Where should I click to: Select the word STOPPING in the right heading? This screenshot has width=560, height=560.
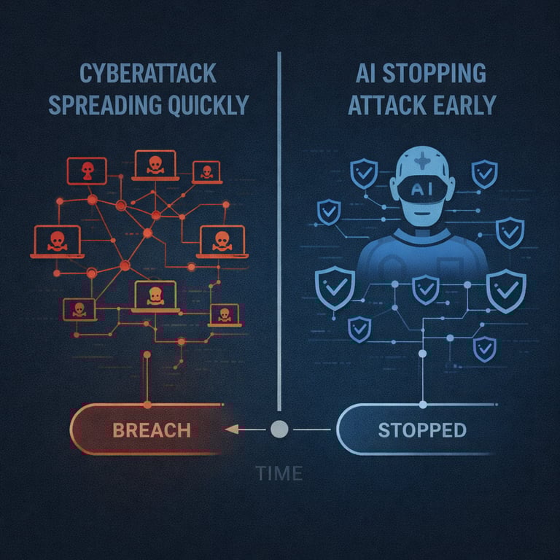click(x=446, y=74)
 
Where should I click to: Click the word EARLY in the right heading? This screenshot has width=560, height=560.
click(x=462, y=105)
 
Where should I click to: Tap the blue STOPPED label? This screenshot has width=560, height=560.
click(x=422, y=429)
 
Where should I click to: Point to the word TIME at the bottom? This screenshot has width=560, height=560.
click(x=279, y=473)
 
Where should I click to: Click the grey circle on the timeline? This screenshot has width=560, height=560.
click(x=278, y=429)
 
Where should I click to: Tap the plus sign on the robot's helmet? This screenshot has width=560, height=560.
click(x=423, y=162)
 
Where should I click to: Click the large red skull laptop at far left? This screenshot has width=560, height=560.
click(x=56, y=241)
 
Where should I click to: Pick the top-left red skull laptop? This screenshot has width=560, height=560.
click(x=86, y=171)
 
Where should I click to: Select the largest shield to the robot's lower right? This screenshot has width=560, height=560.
click(x=505, y=289)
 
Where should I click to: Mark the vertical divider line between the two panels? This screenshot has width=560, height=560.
click(x=279, y=219)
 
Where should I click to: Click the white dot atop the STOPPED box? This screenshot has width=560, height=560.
click(x=423, y=403)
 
